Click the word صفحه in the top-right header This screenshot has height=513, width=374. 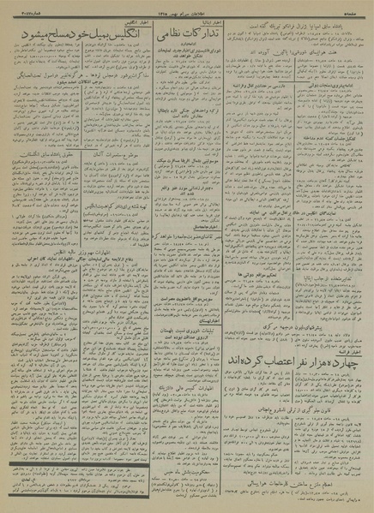click(x=358, y=8)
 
